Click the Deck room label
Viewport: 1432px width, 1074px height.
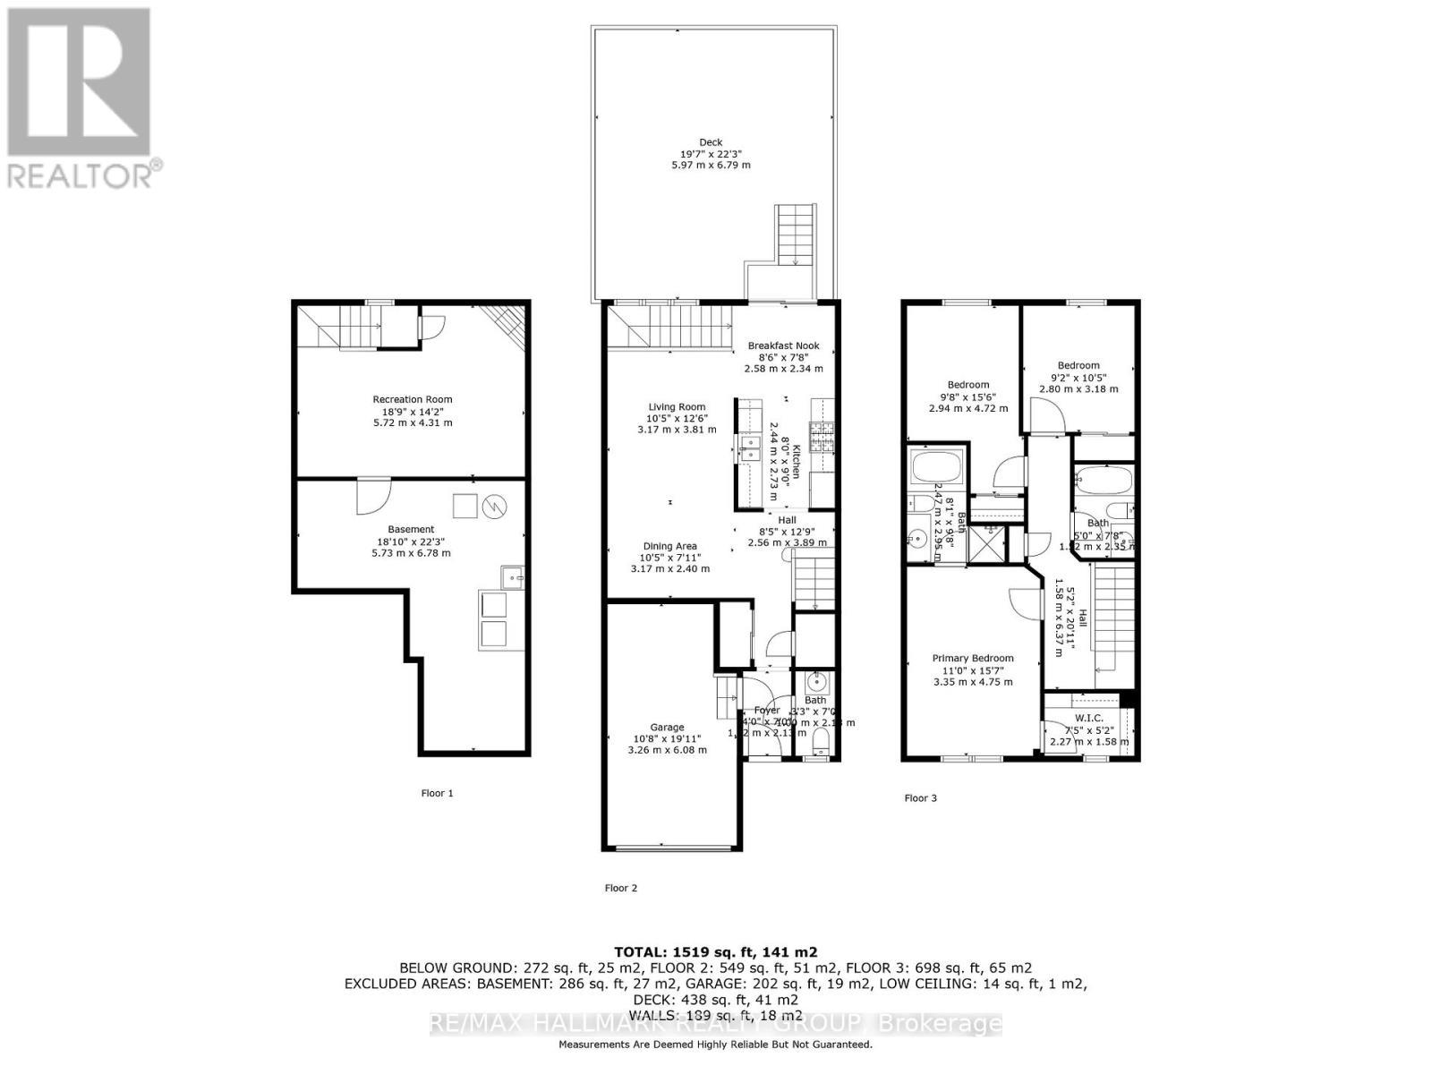(x=711, y=142)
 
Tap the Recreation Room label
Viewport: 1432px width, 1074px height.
(x=413, y=400)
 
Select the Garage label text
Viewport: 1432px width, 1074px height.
(x=667, y=728)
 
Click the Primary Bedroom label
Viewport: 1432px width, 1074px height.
(x=973, y=658)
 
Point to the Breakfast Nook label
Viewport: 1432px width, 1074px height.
(x=783, y=346)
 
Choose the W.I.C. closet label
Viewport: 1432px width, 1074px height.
(x=1088, y=718)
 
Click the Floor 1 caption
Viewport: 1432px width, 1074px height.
(x=437, y=793)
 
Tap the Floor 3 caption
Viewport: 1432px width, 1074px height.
(x=920, y=798)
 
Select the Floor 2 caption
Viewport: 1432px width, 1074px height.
(x=621, y=888)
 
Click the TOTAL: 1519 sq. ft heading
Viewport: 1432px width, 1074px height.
(x=715, y=952)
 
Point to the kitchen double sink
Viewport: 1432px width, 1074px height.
(x=747, y=447)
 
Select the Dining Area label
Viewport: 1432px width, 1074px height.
(x=669, y=546)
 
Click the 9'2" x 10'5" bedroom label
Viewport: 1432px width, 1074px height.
(x=1078, y=365)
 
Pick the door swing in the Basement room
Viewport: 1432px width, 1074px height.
(x=372, y=498)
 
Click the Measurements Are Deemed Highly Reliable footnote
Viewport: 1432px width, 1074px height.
(x=715, y=1044)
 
